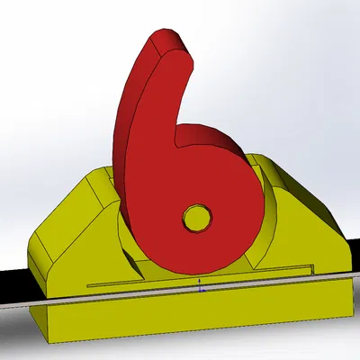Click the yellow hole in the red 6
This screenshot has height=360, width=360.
(195, 217)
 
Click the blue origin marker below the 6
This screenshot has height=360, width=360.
(200, 289)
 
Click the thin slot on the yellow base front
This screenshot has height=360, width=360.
(180, 275)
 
